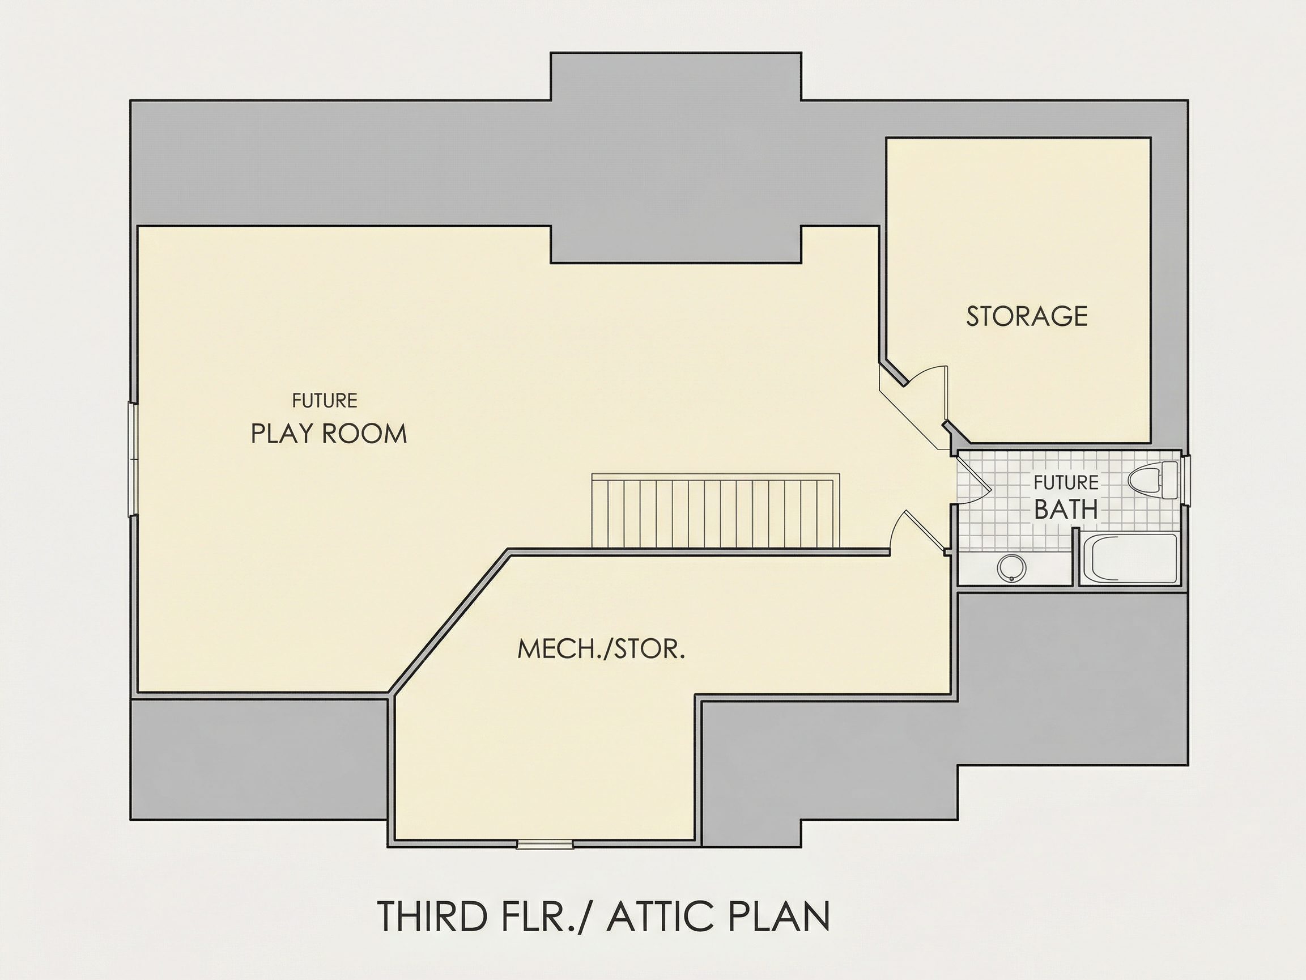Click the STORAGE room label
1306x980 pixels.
point(1027,316)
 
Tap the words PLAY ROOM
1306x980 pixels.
point(329,434)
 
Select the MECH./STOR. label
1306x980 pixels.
point(601,648)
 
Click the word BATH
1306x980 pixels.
point(1066,509)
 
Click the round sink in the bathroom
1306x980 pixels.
point(1011,569)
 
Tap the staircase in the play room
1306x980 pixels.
point(716,512)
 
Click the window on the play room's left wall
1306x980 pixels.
point(134,460)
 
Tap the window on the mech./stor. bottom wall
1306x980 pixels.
point(545,844)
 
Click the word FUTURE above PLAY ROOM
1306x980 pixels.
point(325,401)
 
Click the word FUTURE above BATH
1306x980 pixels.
point(1066,482)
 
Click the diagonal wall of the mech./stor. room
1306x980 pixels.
point(449,622)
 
